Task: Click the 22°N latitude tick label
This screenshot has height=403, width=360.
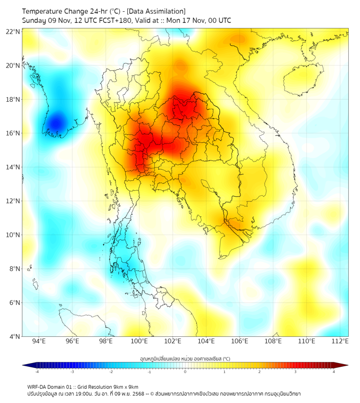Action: [x=13, y=31]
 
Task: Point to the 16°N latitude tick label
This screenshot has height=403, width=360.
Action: [x=13, y=133]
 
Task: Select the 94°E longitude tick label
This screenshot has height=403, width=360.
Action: [x=39, y=341]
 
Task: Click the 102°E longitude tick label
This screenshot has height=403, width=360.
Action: [x=173, y=341]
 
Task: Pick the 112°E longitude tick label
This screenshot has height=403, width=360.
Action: [x=340, y=341]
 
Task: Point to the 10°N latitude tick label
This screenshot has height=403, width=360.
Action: [x=13, y=235]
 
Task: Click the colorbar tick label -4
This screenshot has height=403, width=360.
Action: [x=36, y=372]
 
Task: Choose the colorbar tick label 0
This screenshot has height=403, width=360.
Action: [x=185, y=372]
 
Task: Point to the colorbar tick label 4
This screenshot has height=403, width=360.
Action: [x=334, y=372]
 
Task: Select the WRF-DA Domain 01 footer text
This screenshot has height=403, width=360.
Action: [x=56, y=386]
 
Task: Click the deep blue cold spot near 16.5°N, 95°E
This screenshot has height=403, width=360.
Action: [x=55, y=124]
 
